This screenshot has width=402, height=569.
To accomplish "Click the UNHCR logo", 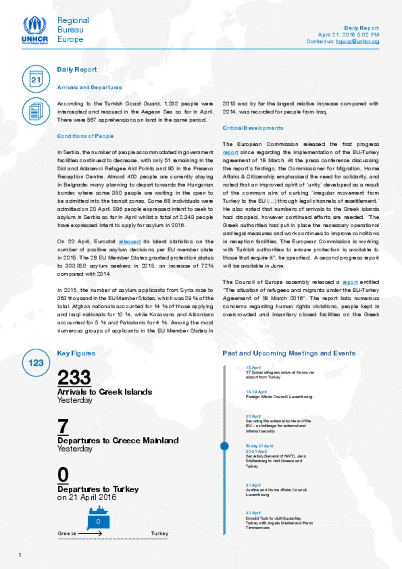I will [35, 30].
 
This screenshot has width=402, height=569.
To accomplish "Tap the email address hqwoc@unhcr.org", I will [357, 41].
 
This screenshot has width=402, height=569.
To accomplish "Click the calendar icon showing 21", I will [36, 79].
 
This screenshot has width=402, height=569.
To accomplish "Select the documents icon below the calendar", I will [36, 111].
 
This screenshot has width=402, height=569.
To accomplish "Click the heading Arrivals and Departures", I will [89, 87].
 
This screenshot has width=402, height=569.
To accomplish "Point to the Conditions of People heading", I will [85, 136].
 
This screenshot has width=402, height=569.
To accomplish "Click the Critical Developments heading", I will [252, 128].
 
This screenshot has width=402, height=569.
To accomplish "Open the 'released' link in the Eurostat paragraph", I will [130, 242].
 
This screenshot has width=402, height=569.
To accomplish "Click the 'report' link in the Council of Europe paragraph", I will [350, 282].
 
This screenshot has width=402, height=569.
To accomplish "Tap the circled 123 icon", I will [36, 362].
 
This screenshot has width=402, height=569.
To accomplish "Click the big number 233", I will [74, 377].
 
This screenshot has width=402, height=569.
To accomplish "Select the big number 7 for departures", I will [63, 426].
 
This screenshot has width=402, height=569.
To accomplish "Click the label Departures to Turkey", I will [98, 489].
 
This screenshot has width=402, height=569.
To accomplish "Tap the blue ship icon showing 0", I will [98, 519].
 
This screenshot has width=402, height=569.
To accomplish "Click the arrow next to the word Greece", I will [90, 533].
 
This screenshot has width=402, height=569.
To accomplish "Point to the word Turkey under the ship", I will [159, 533].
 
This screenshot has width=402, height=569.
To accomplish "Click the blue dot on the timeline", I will [225, 446].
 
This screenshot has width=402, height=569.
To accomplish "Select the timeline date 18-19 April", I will [256, 392].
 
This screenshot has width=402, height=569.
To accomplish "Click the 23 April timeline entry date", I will [253, 513].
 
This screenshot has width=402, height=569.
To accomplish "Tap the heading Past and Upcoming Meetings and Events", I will [289, 353].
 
